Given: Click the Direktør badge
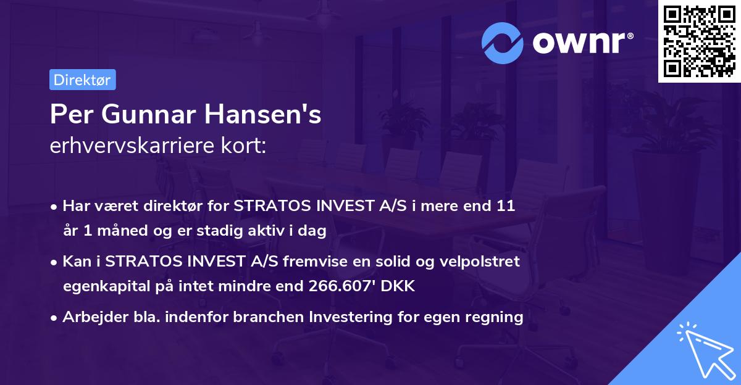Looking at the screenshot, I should pyautogui.click(x=82, y=80).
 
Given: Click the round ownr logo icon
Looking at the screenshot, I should pyautogui.click(x=503, y=42).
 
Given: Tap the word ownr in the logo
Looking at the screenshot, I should pyautogui.click(x=581, y=42).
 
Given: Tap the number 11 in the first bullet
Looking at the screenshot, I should pyautogui.click(x=506, y=206).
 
